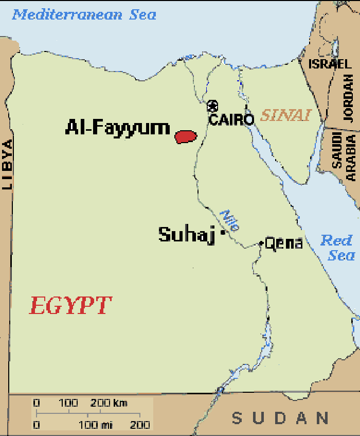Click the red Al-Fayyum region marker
coord(186,136)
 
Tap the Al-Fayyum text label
coord(117,128)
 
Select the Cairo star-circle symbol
coord(212,107)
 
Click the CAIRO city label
coord(231,120)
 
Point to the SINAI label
coord(286,115)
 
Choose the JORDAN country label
coord(349,97)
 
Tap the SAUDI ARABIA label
coord(344,155)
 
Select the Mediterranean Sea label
coord(84,14)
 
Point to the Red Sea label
coord(337,247)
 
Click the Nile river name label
coord(229,220)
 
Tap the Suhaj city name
coord(187,235)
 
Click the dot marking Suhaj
coord(222,233)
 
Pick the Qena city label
coord(284,243)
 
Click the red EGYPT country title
coord(70,306)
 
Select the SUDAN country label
coord(280,417)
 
